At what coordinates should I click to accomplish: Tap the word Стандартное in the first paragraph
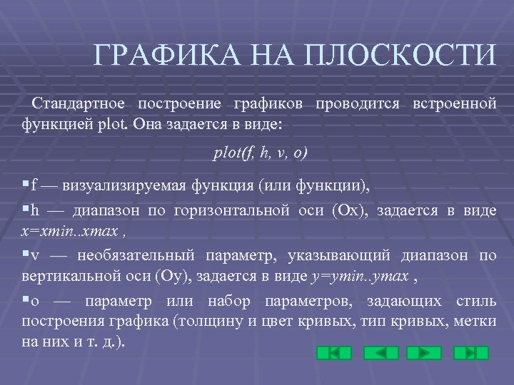76,104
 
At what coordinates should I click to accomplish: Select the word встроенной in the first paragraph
455,104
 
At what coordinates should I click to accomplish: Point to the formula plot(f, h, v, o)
261,153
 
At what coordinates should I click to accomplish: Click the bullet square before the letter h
26,210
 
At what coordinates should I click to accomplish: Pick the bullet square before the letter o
26,300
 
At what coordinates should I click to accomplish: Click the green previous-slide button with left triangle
381,353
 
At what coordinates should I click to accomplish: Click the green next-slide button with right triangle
424,353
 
